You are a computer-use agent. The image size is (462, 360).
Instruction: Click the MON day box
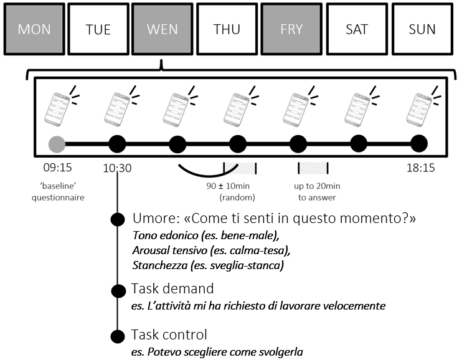tap(35, 29)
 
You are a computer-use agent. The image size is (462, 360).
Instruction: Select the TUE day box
tap(98, 29)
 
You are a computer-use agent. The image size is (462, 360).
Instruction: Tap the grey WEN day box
tap(163, 29)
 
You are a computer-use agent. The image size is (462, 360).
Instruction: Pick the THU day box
tap(227, 29)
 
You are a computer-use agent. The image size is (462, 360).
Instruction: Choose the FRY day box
tap(291, 29)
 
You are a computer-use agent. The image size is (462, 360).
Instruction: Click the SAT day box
tap(357, 29)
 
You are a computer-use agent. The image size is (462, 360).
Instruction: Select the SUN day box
tap(422, 29)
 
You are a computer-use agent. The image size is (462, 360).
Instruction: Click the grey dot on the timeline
tap(57, 144)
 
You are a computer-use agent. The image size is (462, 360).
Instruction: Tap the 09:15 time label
tap(57, 168)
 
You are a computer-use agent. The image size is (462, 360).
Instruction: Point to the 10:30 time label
tap(117, 168)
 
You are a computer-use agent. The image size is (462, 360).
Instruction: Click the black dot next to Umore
tap(117, 219)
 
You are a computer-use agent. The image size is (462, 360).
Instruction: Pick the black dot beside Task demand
tap(117, 290)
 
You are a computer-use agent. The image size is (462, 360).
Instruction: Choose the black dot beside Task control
tap(117, 336)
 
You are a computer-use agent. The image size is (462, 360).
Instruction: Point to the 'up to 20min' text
tap(317, 186)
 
